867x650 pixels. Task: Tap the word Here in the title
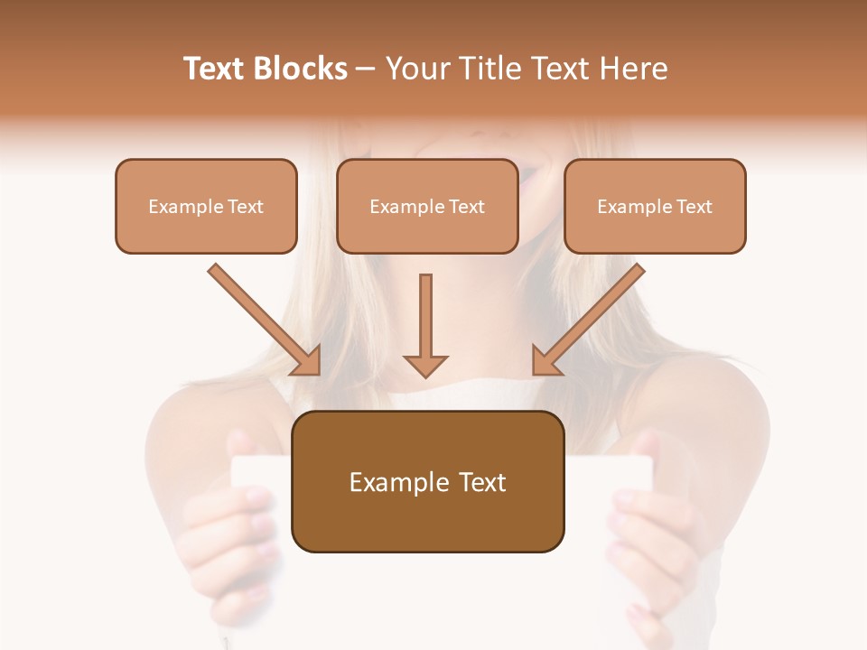[634, 69]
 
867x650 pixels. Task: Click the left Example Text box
[206, 206]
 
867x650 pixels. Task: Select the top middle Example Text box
[427, 206]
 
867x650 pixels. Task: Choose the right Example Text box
[655, 206]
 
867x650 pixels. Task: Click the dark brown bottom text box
[427, 482]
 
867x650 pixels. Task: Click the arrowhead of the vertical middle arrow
[425, 366]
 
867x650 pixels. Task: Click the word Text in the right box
[694, 207]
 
